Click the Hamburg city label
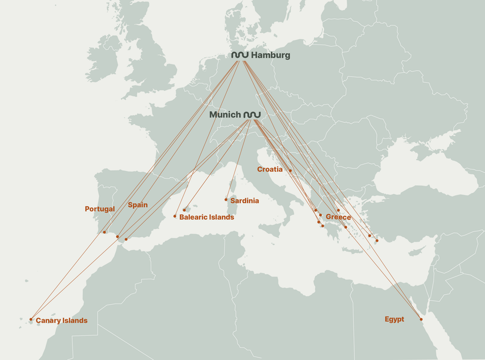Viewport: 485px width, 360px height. [270, 55]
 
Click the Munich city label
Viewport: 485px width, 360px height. [225, 115]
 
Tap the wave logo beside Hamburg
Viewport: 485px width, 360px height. [240, 55]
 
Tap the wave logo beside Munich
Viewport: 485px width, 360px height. [252, 114]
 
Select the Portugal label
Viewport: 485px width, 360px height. [100, 209]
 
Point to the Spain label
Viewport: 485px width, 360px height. [138, 205]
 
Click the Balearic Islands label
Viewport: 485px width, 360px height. [206, 218]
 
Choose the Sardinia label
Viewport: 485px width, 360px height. [245, 201]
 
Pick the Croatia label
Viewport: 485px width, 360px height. [270, 169]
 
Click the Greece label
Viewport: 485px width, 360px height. [338, 218]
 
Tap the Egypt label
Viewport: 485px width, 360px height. [394, 319]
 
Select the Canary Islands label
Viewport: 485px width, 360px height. [61, 321]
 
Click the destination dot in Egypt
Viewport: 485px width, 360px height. [421, 319]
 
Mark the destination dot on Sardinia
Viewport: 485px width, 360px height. [226, 199]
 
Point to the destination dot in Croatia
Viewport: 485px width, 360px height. [290, 171]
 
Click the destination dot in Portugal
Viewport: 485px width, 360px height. [104, 232]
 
